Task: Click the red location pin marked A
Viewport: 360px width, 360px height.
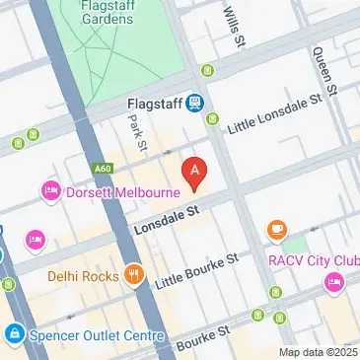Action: (x=195, y=174)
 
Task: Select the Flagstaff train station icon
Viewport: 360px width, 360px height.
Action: (x=196, y=101)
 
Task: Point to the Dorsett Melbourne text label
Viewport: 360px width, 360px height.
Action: (x=108, y=191)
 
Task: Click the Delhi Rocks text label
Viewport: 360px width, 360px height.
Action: (x=83, y=275)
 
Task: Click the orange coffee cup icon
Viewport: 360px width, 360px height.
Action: (x=277, y=230)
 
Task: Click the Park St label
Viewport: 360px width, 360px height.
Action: (x=138, y=133)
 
